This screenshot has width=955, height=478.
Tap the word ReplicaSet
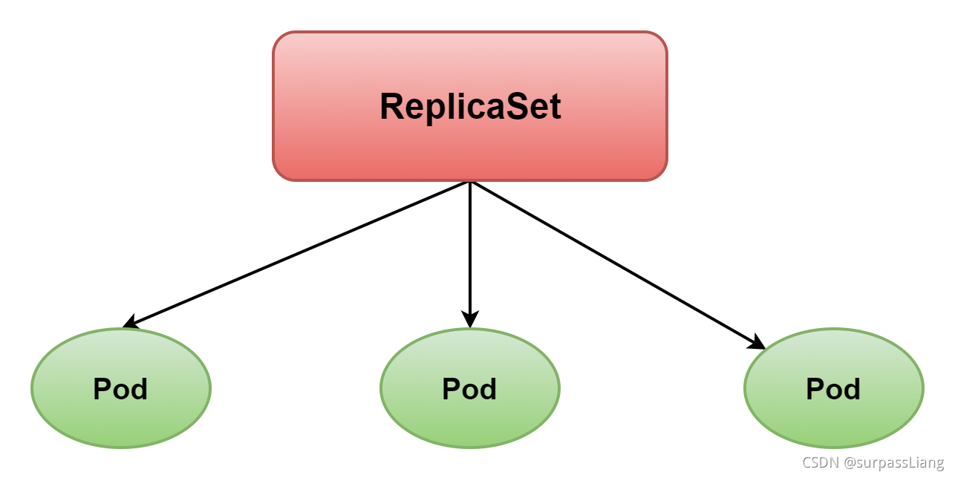click(469, 107)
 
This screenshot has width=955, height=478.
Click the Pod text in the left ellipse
click(120, 389)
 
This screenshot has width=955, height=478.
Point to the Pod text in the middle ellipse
click(469, 389)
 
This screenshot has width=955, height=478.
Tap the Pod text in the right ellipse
click(833, 389)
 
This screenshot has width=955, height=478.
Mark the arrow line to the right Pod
click(616, 263)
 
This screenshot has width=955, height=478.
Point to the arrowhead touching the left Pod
click(130, 323)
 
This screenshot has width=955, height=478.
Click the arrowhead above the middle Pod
click(469, 320)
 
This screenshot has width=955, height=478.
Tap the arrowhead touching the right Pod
click(758, 342)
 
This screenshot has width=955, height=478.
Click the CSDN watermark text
click(820, 462)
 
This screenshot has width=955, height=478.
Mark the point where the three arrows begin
click(469, 182)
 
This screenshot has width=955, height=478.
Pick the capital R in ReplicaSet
click(391, 107)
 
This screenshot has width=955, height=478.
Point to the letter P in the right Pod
click(815, 389)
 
